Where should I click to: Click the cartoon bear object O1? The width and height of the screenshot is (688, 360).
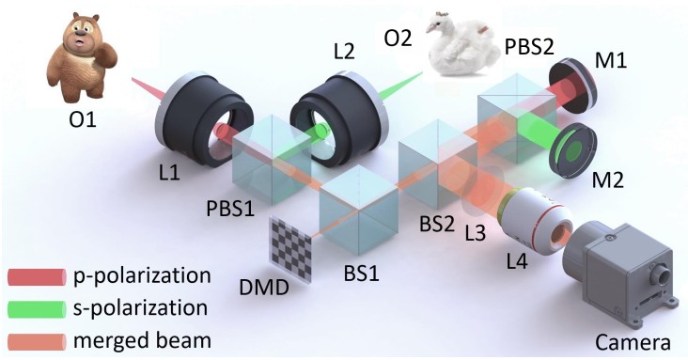tap(81, 56)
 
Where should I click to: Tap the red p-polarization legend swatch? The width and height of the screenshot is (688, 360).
tap(37, 277)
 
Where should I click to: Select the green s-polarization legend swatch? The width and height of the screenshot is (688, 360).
tap(37, 309)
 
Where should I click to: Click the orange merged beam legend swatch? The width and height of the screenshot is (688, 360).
tap(37, 341)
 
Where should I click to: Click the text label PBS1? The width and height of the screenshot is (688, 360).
tap(230, 209)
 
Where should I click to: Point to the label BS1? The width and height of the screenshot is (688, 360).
tap(361, 274)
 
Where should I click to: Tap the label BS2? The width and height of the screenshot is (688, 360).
tap(437, 225)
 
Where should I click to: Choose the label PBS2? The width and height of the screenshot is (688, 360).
tap(529, 46)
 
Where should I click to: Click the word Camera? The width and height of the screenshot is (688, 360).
tap(633, 341)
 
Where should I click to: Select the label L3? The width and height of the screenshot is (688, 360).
tap(476, 232)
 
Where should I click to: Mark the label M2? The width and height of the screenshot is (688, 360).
tap(608, 180)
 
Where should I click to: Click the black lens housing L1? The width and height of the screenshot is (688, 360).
tap(203, 118)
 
